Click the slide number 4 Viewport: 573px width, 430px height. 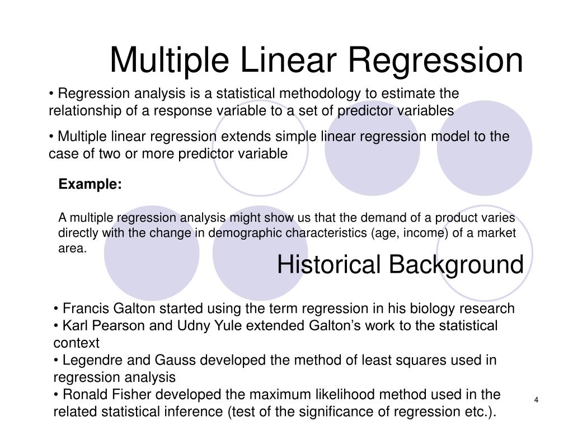click(536, 399)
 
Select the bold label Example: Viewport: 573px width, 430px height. click(90, 185)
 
